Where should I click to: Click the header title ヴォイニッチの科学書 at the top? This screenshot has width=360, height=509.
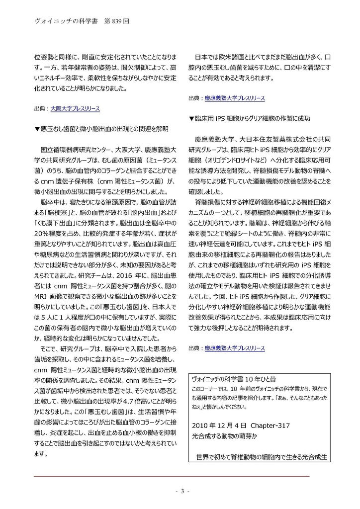tap(56, 22)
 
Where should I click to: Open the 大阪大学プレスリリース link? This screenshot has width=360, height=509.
tap(75, 108)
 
